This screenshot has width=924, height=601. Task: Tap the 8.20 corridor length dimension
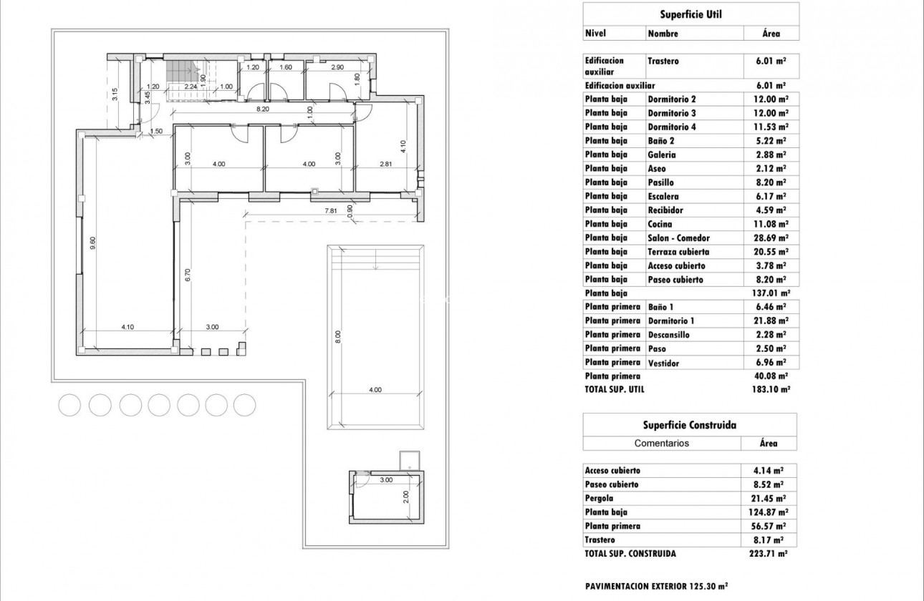click(x=264, y=109)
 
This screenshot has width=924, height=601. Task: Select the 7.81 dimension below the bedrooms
click(x=330, y=210)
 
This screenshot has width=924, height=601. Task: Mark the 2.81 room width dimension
click(x=385, y=164)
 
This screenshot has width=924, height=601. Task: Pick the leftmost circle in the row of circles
click(x=69, y=405)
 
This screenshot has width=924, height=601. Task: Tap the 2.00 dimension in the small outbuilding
click(x=405, y=495)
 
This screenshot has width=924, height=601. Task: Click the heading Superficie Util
click(x=690, y=14)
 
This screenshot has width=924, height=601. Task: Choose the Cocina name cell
click(x=660, y=224)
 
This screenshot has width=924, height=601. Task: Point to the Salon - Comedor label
click(x=678, y=238)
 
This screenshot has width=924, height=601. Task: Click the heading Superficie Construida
click(x=689, y=424)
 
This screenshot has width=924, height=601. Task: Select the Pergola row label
click(x=600, y=498)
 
